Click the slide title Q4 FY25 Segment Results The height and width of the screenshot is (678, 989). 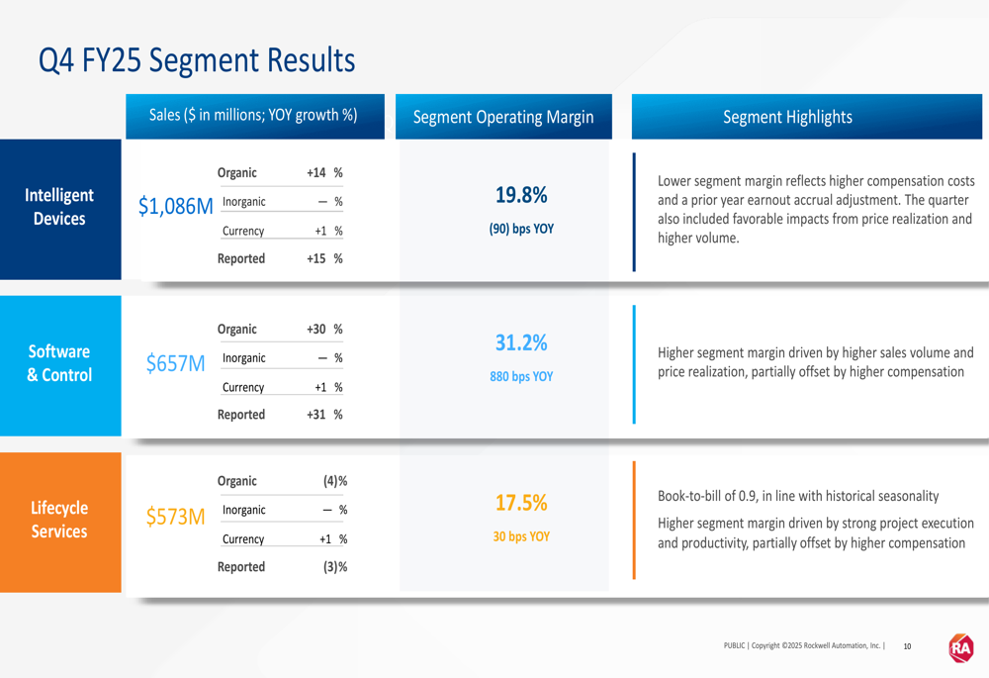click(x=196, y=60)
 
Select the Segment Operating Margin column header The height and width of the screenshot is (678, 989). click(x=503, y=117)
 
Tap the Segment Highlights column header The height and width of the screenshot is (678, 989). click(x=787, y=117)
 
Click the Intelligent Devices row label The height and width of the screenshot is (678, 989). click(x=59, y=207)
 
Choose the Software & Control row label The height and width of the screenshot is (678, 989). click(x=59, y=363)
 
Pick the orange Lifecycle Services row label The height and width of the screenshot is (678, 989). click(x=59, y=520)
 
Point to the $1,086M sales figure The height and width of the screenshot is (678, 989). click(x=175, y=206)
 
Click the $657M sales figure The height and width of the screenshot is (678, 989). click(x=175, y=363)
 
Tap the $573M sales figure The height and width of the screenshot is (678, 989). click(x=175, y=517)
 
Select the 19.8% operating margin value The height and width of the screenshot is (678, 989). click(x=521, y=196)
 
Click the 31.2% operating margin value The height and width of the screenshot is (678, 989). click(x=521, y=343)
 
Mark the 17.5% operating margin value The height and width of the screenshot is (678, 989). click(x=521, y=503)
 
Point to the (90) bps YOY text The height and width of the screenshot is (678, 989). click(x=521, y=229)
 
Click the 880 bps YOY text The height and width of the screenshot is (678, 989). click(x=521, y=377)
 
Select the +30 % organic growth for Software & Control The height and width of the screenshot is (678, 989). click(x=324, y=330)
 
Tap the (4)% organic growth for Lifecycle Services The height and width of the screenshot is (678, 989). click(x=335, y=481)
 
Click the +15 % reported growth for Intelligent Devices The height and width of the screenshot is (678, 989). click(x=324, y=258)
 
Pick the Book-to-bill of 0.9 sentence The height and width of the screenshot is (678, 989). click(x=798, y=496)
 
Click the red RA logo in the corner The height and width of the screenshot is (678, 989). click(x=961, y=648)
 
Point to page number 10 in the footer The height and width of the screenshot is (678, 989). click(x=907, y=646)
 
